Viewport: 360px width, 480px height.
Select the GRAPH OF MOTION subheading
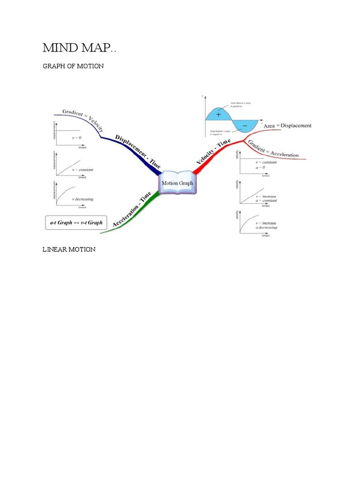click(x=73, y=66)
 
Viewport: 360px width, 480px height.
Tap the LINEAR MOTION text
click(x=69, y=249)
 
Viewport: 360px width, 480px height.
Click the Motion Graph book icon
click(x=177, y=182)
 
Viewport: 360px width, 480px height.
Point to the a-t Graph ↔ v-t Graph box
click(x=76, y=223)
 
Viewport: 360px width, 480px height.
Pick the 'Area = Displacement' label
click(x=287, y=126)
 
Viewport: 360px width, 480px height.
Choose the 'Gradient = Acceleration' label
click(x=273, y=149)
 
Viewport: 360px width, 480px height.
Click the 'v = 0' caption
click(x=77, y=138)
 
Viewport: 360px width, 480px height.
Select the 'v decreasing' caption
click(x=82, y=199)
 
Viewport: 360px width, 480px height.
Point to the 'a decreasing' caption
click(x=266, y=228)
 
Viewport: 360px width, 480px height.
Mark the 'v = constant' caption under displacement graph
click(x=82, y=169)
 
